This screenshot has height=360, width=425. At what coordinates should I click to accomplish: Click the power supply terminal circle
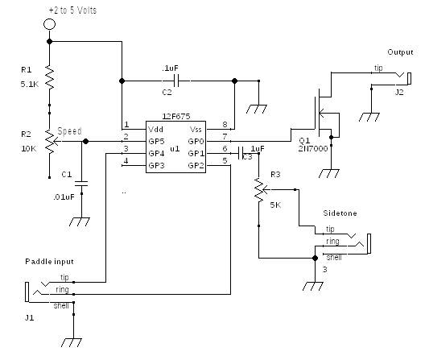tap(49, 24)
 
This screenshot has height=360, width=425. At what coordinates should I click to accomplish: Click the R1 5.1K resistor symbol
tap(50, 77)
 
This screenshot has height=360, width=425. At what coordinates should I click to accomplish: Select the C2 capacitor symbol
tap(176, 81)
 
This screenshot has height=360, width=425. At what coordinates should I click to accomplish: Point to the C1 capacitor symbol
tap(81, 184)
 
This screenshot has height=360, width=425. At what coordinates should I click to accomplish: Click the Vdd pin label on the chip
tap(155, 130)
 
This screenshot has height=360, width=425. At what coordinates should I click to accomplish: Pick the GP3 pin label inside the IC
tap(156, 165)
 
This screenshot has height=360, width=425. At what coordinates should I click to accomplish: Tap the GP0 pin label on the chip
tap(196, 141)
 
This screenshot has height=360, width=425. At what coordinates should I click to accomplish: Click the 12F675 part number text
tap(176, 117)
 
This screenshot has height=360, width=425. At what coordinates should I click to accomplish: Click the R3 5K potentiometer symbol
tap(260, 190)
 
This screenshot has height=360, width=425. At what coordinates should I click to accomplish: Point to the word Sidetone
tap(340, 213)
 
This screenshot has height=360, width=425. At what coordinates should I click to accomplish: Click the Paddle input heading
tap(49, 262)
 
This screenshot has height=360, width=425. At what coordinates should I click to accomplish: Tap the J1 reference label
tap(30, 317)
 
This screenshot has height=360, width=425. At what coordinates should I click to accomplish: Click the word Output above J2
tap(400, 52)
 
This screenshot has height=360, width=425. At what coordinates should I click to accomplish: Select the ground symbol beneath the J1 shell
tap(72, 342)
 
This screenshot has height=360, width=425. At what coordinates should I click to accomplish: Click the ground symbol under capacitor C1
tap(80, 221)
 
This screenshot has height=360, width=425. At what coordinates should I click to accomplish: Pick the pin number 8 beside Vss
tap(225, 124)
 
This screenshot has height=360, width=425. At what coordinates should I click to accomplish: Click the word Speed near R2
tap(69, 131)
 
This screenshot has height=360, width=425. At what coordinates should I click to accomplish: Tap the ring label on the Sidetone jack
tap(332, 241)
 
